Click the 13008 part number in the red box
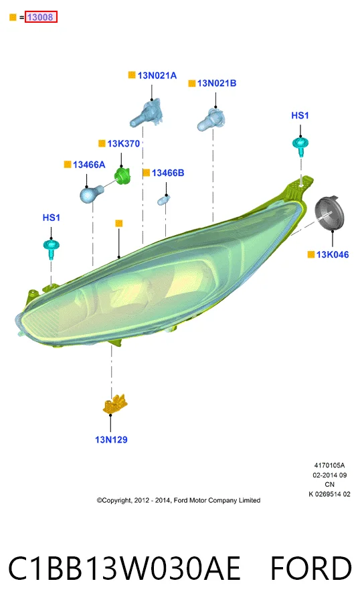[39, 17]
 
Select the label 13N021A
[157, 76]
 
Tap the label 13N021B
[217, 83]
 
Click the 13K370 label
[123, 144]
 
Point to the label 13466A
[89, 165]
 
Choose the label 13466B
[168, 173]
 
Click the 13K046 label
[333, 254]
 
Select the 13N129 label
[111, 440]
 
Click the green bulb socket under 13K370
[122, 176]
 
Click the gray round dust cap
[329, 214]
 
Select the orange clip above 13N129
[114, 404]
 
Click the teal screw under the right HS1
[300, 146]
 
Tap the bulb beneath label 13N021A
[147, 112]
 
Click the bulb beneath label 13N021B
[211, 119]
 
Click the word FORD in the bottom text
[311, 568]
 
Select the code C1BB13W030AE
[124, 568]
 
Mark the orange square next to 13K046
[311, 254]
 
